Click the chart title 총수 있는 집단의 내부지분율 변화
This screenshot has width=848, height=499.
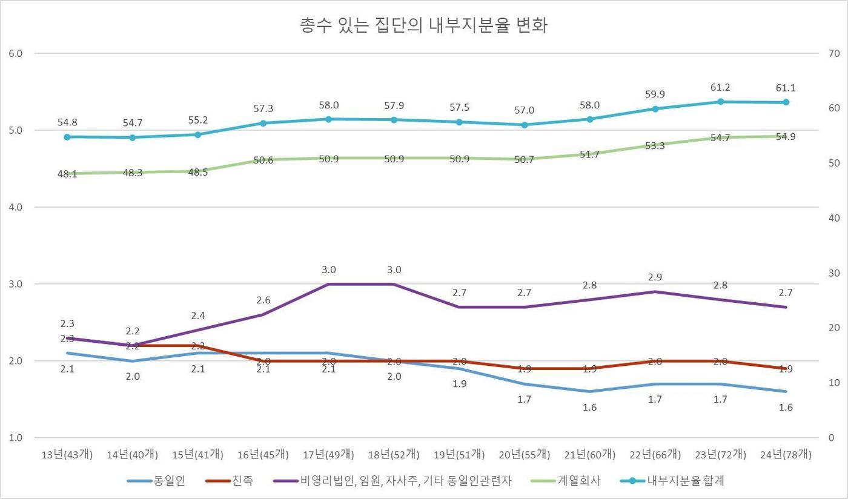tap(423, 26)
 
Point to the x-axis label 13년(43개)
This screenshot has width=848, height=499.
tap(67, 454)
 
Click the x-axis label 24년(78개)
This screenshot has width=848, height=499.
tap(786, 454)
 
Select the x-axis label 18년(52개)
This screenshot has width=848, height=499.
tap(394, 454)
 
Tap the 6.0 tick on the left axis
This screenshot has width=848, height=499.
tap(16, 53)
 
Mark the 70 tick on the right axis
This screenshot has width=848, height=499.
tap(833, 53)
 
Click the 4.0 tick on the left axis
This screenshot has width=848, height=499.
tap(16, 207)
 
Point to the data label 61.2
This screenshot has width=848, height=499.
tap(720, 87)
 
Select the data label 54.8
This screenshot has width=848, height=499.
tap(67, 122)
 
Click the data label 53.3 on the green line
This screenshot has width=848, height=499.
tap(655, 146)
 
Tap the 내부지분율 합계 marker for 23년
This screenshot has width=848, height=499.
tap(720, 102)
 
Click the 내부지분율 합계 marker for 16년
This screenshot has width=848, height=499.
tap(263, 123)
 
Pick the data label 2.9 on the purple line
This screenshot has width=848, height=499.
tap(655, 277)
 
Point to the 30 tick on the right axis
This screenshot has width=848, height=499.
tap(833, 273)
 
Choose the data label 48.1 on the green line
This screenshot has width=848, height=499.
tap(67, 174)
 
